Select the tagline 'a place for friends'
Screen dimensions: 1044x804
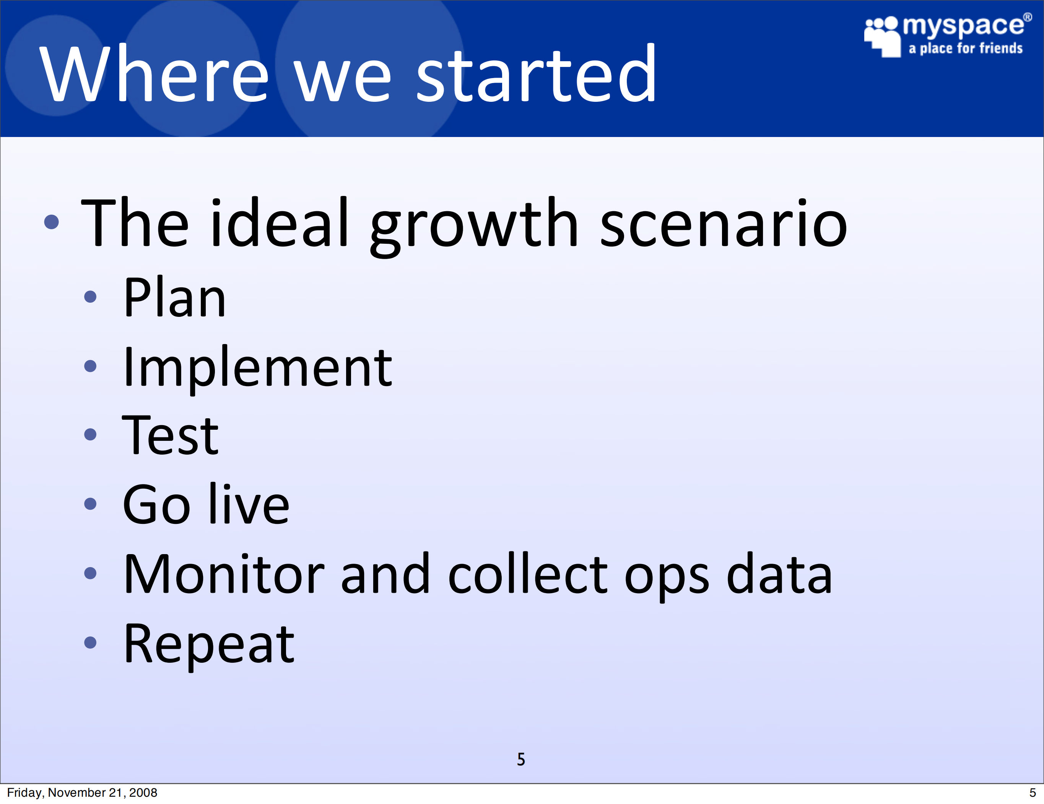click(966, 48)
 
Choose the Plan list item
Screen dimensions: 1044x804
click(174, 297)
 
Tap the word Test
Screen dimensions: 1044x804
click(170, 435)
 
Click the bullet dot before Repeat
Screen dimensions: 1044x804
click(90, 643)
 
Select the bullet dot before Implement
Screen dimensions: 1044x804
click(90, 366)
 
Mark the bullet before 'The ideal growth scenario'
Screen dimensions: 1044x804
click(51, 222)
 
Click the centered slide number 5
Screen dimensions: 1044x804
click(521, 759)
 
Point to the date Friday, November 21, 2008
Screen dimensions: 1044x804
click(82, 793)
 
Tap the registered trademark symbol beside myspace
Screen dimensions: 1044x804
click(1027, 17)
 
